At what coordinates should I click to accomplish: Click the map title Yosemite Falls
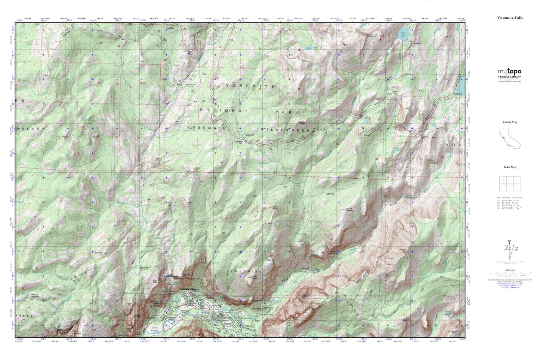pos(510,18)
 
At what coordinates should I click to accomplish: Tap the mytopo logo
pos(509,72)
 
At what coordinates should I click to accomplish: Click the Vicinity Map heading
pos(510,122)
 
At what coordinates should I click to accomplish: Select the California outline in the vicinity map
pos(509,139)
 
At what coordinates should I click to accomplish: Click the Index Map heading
pos(510,167)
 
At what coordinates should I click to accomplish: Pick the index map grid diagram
pos(510,184)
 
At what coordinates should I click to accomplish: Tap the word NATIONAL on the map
pos(223,110)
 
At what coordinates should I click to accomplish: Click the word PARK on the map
pos(287,112)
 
